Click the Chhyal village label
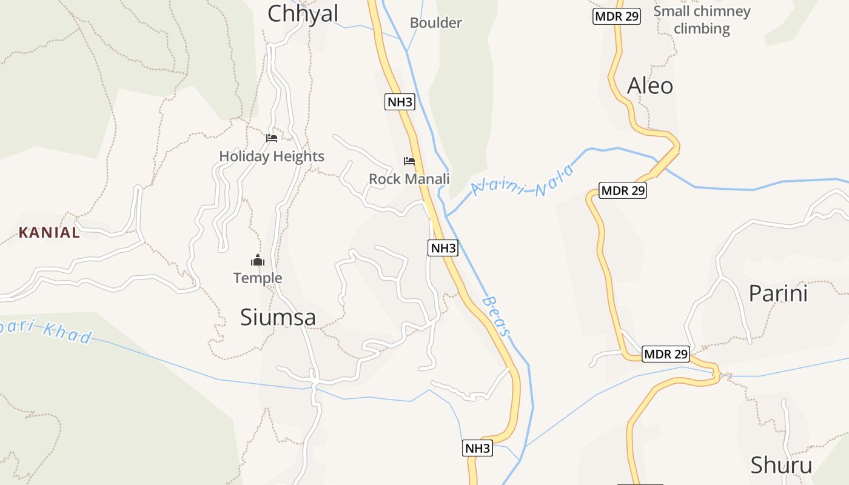[303, 13]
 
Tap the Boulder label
[436, 23]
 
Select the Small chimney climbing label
[702, 19]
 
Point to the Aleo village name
[649, 86]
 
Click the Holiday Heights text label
[272, 156]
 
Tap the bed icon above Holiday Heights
[272, 138]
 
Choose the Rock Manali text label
[409, 179]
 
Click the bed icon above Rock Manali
[409, 161]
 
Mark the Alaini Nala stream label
[522, 181]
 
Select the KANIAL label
[49, 232]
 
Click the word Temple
[258, 278]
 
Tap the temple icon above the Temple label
[258, 261]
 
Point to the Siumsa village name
[278, 317]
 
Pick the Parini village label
[778, 293]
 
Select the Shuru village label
[781, 465]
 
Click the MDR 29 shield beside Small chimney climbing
[617, 16]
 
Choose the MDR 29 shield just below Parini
[666, 354]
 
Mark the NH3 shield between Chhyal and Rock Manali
[400, 102]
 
